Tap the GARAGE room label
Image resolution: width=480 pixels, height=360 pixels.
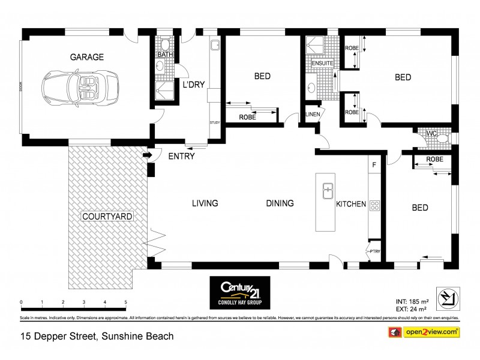pos(87,58)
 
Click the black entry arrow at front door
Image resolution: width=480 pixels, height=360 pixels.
pos(147,156)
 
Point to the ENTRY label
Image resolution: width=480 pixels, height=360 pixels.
pos(181,157)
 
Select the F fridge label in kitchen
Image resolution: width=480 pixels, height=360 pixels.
pos(374,164)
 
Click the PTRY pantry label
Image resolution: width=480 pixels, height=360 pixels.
pos(374,252)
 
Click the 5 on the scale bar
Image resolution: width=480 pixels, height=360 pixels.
pos(125,302)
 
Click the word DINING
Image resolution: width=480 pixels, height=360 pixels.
pos(280,203)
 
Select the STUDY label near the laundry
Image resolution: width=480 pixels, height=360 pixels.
pos(215,123)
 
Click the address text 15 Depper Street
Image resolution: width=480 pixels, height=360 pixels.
pos(58,336)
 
